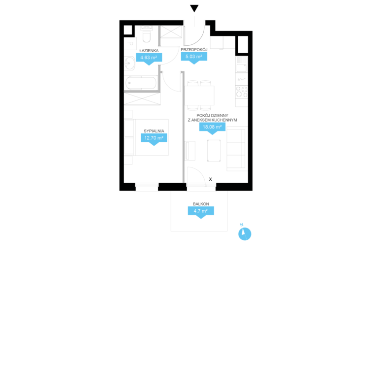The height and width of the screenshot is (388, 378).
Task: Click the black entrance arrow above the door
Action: click(x=194, y=8)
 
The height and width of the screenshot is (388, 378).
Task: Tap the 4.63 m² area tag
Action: click(x=149, y=59)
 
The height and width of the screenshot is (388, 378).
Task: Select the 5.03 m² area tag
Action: click(x=194, y=58)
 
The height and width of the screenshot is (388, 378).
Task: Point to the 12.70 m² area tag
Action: click(x=154, y=139)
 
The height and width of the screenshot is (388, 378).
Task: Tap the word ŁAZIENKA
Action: click(x=149, y=51)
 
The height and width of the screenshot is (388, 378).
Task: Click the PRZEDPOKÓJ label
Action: click(x=194, y=50)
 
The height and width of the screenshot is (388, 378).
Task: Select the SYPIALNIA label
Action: click(x=154, y=131)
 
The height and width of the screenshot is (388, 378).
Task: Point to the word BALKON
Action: click(x=201, y=204)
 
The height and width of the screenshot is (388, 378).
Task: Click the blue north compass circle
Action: click(x=245, y=234)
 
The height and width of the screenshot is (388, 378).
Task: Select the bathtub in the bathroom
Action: click(x=141, y=83)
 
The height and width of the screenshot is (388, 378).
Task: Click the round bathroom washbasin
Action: click(x=129, y=64)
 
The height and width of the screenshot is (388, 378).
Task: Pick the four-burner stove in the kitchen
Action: click(x=242, y=92)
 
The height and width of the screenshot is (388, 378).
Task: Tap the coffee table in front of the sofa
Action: click(x=214, y=151)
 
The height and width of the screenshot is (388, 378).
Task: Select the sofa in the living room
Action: click(x=237, y=149)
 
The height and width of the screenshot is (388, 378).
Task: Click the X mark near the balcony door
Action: click(x=210, y=179)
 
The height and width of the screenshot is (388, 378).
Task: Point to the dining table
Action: click(x=199, y=96)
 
